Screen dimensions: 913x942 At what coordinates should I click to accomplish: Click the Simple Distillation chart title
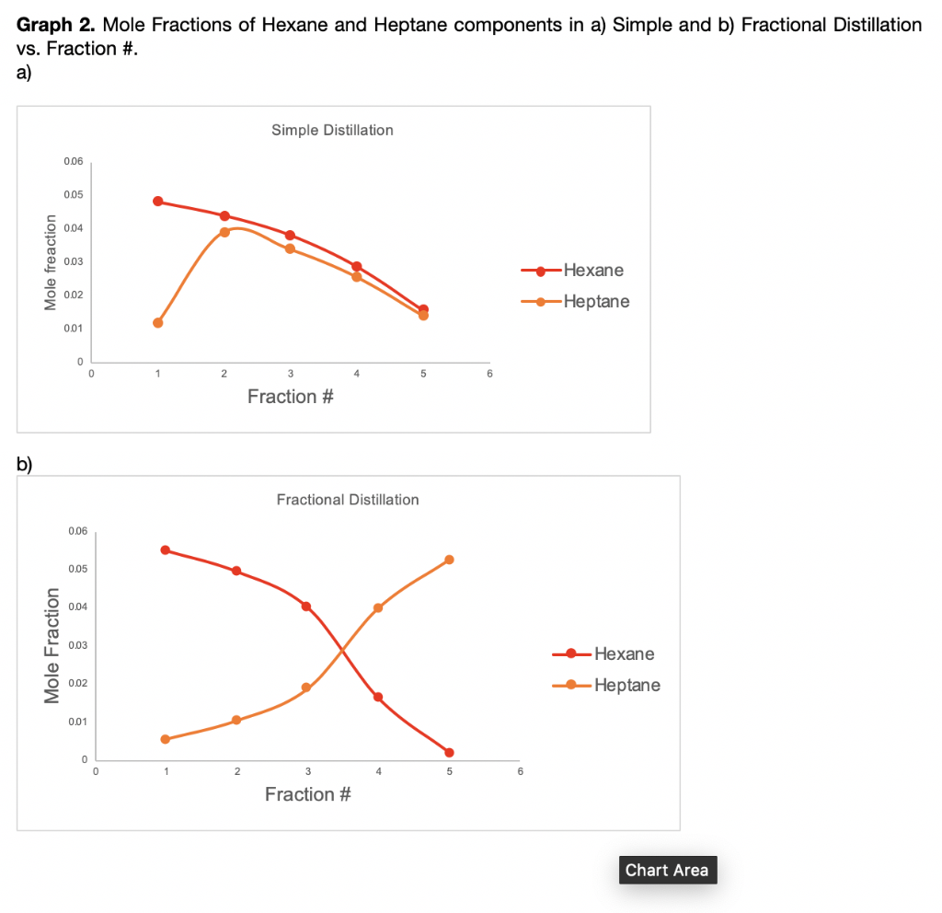click(332, 131)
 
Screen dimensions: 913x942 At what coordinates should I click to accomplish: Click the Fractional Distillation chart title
click(347, 500)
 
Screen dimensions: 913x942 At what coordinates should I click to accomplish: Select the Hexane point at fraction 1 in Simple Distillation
click(158, 202)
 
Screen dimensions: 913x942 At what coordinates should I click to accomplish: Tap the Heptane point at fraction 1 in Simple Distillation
click(158, 323)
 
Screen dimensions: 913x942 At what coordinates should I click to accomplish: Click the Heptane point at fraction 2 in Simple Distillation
click(224, 232)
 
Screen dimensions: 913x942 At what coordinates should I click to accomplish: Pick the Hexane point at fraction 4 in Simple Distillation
click(357, 267)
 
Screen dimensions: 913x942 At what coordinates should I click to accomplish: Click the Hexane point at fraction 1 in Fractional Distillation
click(166, 550)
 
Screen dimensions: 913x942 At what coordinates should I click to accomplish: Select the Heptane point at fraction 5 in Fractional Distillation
click(449, 560)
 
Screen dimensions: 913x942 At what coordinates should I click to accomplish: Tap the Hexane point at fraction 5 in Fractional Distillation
click(449, 753)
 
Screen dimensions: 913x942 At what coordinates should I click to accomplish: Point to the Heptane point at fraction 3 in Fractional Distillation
click(306, 688)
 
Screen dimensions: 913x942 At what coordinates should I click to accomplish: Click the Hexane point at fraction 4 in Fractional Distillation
click(378, 697)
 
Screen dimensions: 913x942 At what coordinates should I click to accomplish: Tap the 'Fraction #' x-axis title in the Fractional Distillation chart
click(307, 794)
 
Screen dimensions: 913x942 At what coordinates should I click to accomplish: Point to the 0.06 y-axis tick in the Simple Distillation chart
click(74, 162)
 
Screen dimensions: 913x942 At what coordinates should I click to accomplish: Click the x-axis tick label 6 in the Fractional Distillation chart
click(520, 772)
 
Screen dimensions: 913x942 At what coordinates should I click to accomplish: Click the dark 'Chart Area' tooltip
click(667, 870)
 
